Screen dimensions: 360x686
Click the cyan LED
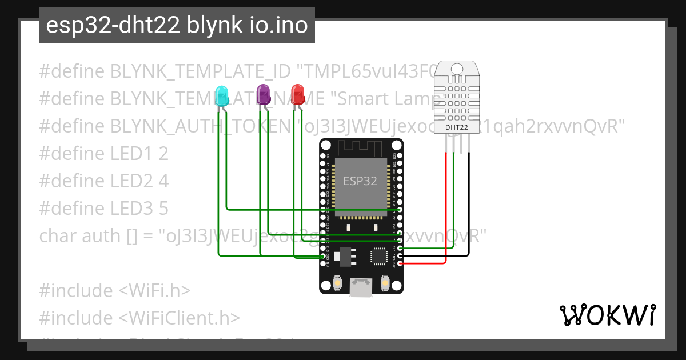pyautogui.click(x=222, y=94)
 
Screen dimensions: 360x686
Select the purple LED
pyautogui.click(x=263, y=94)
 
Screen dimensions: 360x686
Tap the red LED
pyautogui.click(x=298, y=94)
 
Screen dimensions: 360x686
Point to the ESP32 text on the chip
pyautogui.click(x=360, y=181)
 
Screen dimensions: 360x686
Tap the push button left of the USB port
pyautogui.click(x=338, y=283)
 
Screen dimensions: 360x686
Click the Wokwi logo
pyautogui.click(x=607, y=315)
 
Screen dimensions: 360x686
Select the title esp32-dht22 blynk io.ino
pyautogui.click(x=177, y=25)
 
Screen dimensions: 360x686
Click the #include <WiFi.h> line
pyautogui.click(x=114, y=291)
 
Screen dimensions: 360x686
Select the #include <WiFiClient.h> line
pyautogui.click(x=139, y=318)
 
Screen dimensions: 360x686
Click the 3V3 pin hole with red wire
pyautogui.click(x=400, y=263)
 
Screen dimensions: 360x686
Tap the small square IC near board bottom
pyautogui.click(x=380, y=256)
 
